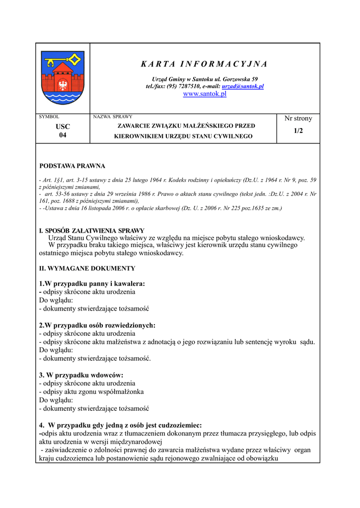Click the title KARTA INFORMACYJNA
coord(204,64)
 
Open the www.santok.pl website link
coord(205,94)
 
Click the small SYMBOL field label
coord(49,117)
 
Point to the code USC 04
coord(63,131)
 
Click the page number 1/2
coord(298,130)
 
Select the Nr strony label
coord(298,119)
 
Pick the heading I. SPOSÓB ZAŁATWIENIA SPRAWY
coord(92,231)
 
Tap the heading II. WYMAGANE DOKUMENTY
coord(87,268)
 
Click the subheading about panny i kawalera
coord(92,284)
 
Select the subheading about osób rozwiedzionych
coord(97,325)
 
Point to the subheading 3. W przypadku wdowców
coord(81,375)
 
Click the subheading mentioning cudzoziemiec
coord(120,425)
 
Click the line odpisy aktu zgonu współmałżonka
coord(91,392)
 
